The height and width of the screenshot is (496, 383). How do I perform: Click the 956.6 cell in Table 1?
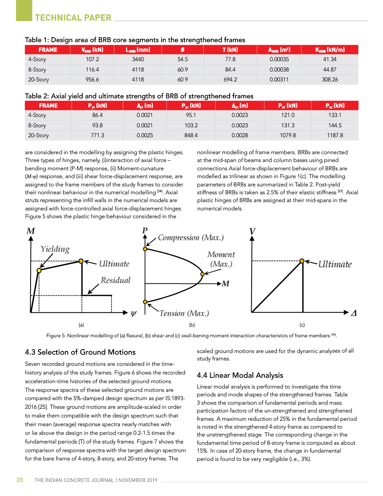[92, 79]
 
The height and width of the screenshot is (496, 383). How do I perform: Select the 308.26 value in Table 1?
[330, 79]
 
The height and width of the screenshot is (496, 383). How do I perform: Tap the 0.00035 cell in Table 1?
[279, 60]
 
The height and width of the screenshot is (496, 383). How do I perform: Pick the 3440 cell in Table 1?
[138, 60]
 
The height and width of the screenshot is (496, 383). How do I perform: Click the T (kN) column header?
[230, 50]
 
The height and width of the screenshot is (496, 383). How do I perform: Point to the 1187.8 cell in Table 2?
[334, 135]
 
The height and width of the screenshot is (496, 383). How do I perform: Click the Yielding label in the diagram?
[55, 249]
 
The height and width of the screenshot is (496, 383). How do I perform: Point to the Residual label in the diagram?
[115, 280]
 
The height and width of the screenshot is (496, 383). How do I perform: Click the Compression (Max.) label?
[190, 238]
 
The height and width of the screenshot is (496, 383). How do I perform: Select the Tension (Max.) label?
[184, 313]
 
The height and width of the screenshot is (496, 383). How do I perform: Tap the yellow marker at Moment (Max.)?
[202, 274]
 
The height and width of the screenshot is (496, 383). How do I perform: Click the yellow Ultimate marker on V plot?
[302, 261]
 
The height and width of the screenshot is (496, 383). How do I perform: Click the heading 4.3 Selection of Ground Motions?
[80, 352]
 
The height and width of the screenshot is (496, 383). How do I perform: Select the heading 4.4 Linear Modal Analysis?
[240, 375]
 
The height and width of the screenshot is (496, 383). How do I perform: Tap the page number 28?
[19, 480]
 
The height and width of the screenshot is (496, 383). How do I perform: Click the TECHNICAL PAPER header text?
[73, 18]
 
